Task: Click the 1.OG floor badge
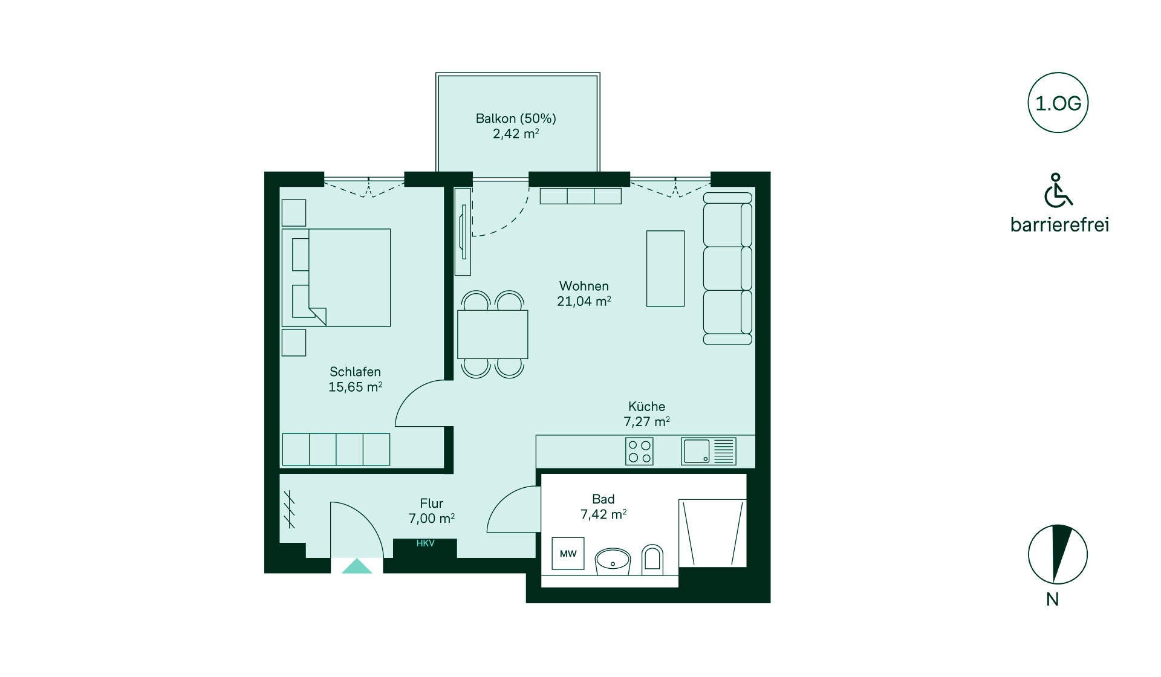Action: (x=1058, y=103)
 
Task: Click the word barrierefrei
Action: (x=1059, y=225)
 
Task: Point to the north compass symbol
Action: (x=1058, y=554)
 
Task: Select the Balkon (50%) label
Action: (x=516, y=118)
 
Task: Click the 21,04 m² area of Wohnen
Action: (x=584, y=301)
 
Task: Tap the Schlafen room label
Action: (x=355, y=372)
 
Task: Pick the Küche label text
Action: (x=646, y=406)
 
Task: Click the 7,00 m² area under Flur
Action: (x=431, y=519)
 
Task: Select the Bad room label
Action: (x=603, y=499)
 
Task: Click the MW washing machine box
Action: (x=568, y=554)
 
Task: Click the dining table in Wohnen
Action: (x=492, y=334)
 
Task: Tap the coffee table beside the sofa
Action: (x=665, y=268)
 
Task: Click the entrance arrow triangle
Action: (x=357, y=566)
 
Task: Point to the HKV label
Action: (x=425, y=543)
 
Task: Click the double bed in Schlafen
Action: (x=336, y=277)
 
